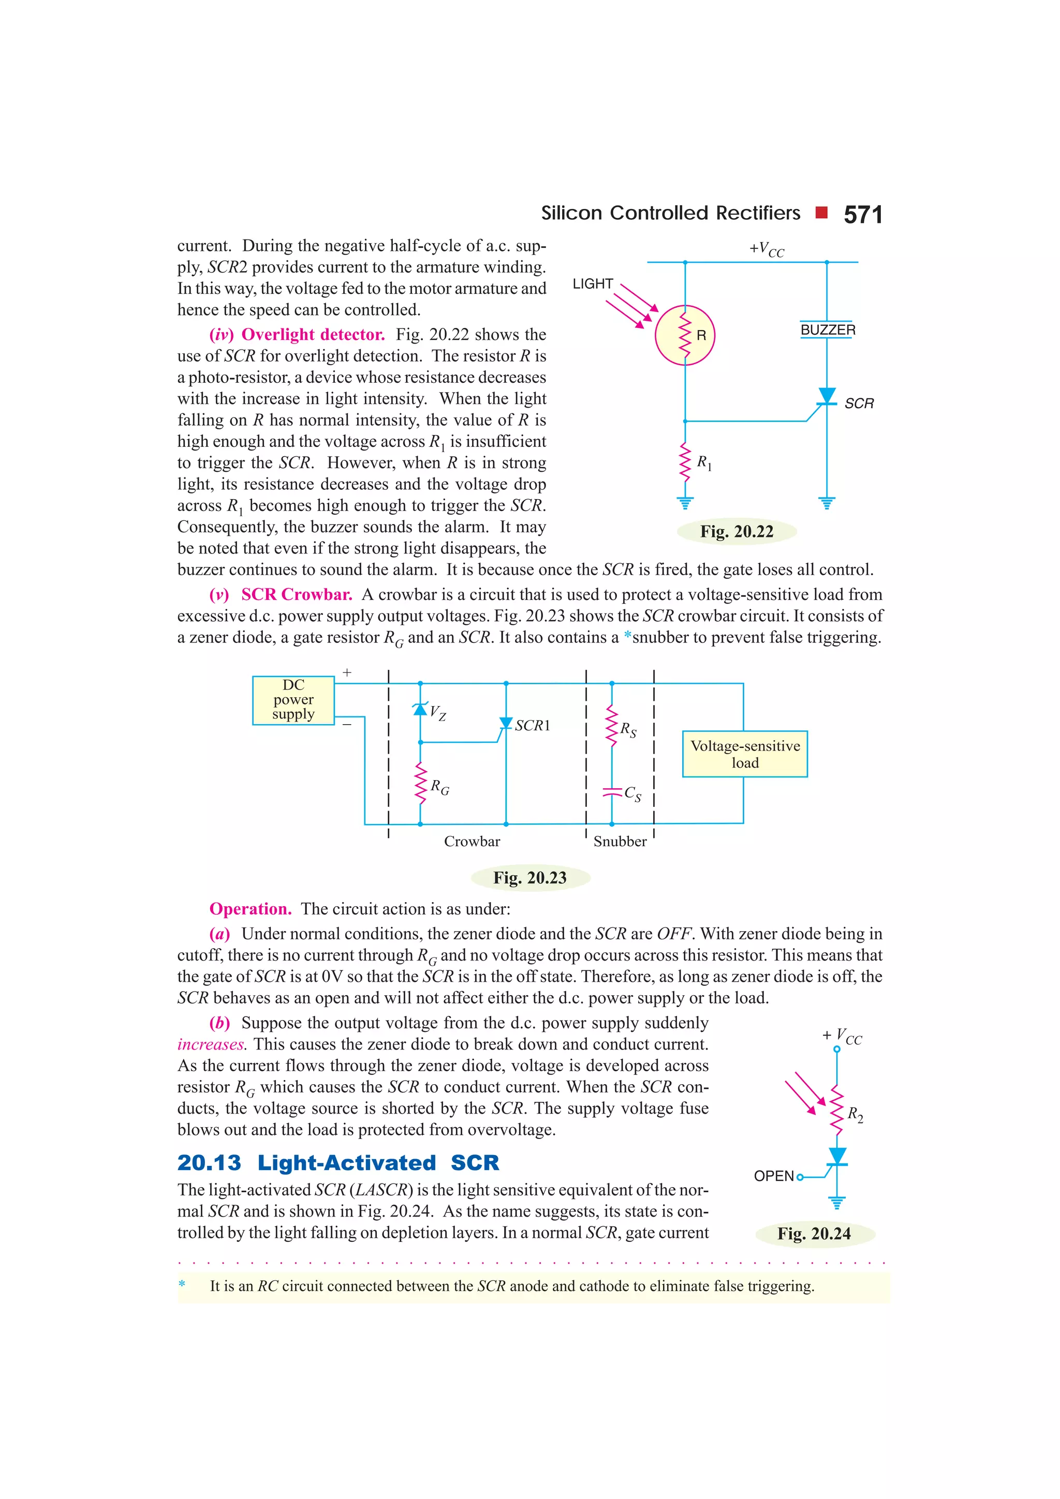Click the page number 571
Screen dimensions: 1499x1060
pos(862,215)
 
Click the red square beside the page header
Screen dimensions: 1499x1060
pos(821,212)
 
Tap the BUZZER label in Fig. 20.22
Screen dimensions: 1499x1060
pos(828,329)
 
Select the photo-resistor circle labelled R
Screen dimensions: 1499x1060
pos(685,335)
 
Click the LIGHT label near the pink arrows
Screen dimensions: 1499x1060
pos(593,284)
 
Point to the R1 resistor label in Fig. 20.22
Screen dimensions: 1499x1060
pos(704,463)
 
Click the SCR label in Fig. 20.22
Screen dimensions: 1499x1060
pos(858,403)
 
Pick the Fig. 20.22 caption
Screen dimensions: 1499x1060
pos(736,531)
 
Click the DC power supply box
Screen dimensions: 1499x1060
pos(293,700)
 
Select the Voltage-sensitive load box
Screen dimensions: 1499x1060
pos(745,754)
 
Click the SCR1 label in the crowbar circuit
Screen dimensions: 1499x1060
pos(532,725)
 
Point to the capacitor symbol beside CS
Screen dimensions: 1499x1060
pos(611,792)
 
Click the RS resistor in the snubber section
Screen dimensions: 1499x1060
pos(612,725)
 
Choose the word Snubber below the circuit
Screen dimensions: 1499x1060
pos(620,842)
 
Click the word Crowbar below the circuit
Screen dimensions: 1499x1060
pos(472,842)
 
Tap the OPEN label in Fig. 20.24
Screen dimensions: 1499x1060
pos(773,1176)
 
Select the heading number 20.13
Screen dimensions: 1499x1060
pos(209,1163)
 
